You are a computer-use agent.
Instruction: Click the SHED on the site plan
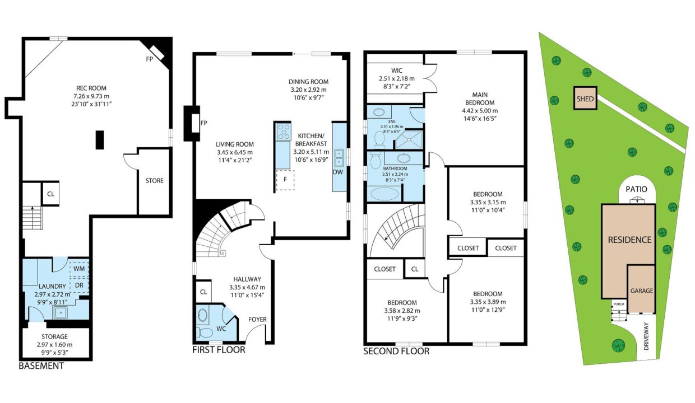pos(585,98)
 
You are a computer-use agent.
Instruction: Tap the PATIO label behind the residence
pos(636,189)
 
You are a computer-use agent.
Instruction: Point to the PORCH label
pos(619,304)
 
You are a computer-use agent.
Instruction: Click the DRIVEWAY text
pos(646,336)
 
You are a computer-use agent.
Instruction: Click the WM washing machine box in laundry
pos(79,269)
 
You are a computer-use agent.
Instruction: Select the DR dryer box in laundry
pos(79,285)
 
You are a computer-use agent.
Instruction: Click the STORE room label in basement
pos(155,181)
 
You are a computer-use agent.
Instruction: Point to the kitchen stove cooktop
pos(284,132)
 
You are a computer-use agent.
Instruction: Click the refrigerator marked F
pos(285,180)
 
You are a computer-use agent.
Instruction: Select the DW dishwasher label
pos(338,172)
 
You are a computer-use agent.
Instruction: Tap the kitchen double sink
pos(339,158)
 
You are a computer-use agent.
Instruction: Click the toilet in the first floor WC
pos(204,332)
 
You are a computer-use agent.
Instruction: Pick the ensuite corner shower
pos(409,139)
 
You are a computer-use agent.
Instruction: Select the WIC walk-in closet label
pos(397,71)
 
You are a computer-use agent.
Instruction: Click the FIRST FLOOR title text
pos(219,350)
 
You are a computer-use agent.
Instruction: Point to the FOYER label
pos(257,320)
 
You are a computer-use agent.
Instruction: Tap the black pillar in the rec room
pos(100,140)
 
